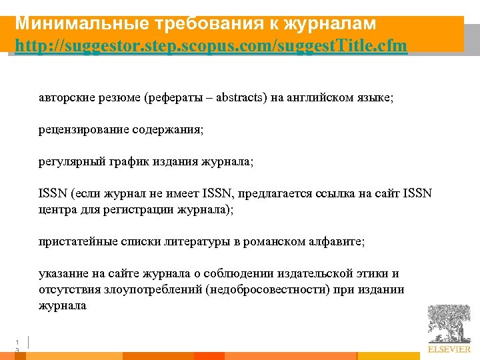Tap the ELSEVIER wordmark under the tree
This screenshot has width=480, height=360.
click(449, 349)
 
